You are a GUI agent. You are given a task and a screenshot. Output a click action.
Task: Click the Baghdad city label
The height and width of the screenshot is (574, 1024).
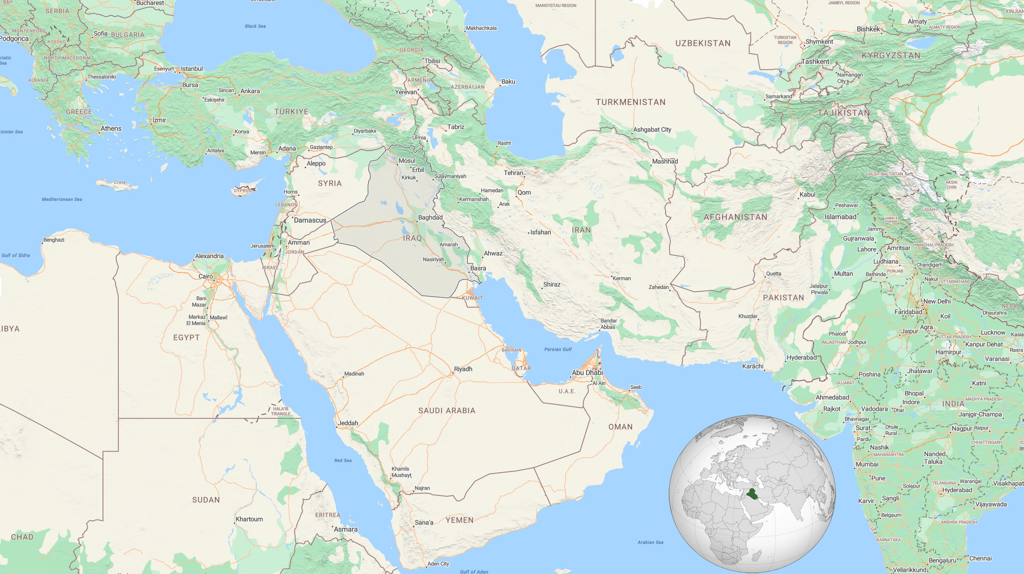[430, 217]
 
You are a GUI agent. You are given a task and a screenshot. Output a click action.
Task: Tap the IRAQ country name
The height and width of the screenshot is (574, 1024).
[412, 238]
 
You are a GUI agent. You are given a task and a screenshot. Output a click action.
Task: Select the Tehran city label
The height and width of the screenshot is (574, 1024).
[513, 173]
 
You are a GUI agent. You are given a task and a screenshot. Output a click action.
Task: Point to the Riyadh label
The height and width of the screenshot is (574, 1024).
[463, 369]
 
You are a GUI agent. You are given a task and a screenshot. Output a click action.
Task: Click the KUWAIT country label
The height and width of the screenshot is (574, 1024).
[472, 298]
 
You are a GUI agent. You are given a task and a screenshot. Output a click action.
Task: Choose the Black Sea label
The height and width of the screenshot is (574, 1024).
[255, 26]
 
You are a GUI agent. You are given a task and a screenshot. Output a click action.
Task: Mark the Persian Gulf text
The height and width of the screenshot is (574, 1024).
[558, 349]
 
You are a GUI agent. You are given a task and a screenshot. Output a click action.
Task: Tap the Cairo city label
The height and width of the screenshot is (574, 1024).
[206, 276]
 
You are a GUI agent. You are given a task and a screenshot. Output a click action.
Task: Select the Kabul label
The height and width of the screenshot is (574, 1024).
[807, 194]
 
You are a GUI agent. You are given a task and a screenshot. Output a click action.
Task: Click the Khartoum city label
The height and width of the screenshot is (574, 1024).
[249, 519]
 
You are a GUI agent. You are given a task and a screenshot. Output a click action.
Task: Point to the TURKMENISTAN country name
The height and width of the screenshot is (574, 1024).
[630, 102]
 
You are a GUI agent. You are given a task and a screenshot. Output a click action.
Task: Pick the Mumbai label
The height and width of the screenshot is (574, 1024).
[867, 464]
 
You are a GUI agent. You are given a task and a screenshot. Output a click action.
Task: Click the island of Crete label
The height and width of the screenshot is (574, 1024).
[119, 182]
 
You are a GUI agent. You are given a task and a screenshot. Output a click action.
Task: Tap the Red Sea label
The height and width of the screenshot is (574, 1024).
[342, 460]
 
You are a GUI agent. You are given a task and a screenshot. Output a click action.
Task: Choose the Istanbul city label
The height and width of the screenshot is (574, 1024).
[192, 69]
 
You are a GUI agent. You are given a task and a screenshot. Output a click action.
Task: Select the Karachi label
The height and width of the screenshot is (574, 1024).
[752, 366]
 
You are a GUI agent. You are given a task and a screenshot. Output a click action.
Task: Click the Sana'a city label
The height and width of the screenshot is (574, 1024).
[423, 522]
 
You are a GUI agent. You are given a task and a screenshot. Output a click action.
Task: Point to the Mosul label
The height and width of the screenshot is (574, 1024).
[407, 161]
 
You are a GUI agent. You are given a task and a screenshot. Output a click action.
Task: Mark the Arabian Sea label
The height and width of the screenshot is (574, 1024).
[650, 542]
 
